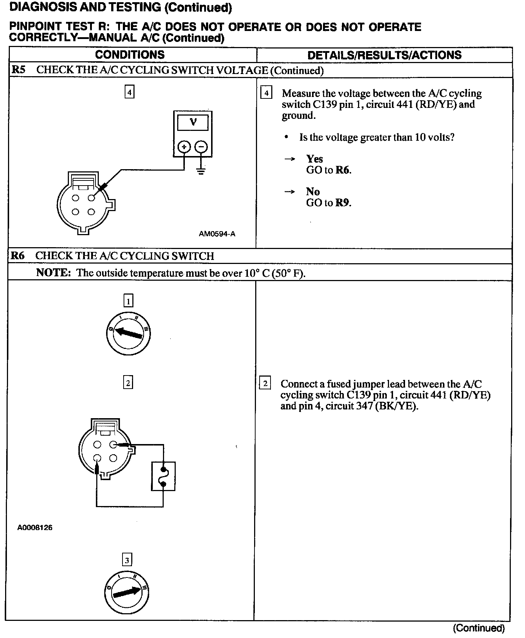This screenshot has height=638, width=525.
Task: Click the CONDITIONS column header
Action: coord(130,55)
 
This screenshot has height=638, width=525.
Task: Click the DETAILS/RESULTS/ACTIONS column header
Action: coord(384,55)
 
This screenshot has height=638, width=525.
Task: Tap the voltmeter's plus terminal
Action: coord(184,147)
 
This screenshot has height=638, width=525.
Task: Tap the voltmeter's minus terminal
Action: coord(201,147)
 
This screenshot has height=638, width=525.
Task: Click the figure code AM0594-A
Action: coord(217,234)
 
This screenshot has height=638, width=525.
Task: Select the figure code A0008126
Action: coord(35,528)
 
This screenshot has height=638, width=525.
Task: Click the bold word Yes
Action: coord(314,159)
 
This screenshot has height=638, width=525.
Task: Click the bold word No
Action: coord(313,192)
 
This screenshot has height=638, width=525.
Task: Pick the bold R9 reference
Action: coord(343,203)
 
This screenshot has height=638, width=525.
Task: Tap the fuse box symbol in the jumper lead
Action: coord(163,476)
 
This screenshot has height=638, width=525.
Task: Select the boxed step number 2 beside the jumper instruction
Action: coord(265,384)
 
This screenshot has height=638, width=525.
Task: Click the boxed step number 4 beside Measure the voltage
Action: coord(267,93)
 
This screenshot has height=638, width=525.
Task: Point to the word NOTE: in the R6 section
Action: coord(53,273)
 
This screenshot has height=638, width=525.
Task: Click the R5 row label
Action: coord(19,70)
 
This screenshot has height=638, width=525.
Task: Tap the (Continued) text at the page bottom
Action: coord(479,628)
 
